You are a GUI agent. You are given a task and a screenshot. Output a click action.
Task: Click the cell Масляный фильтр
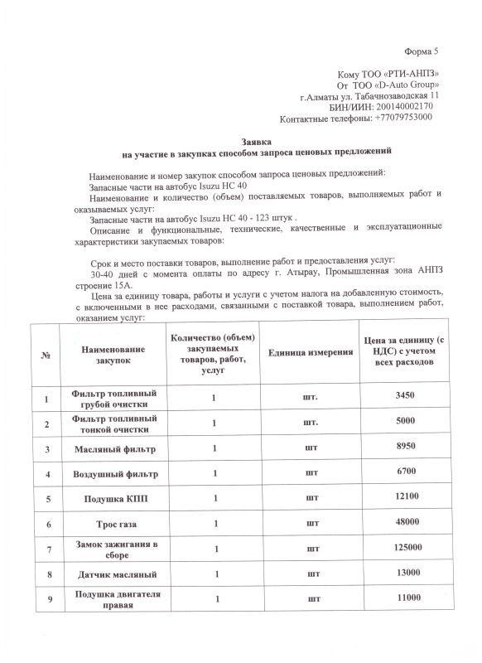113,449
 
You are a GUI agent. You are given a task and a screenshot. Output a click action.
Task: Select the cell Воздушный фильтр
113,474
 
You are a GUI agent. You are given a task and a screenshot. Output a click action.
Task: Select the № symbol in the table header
44,354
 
